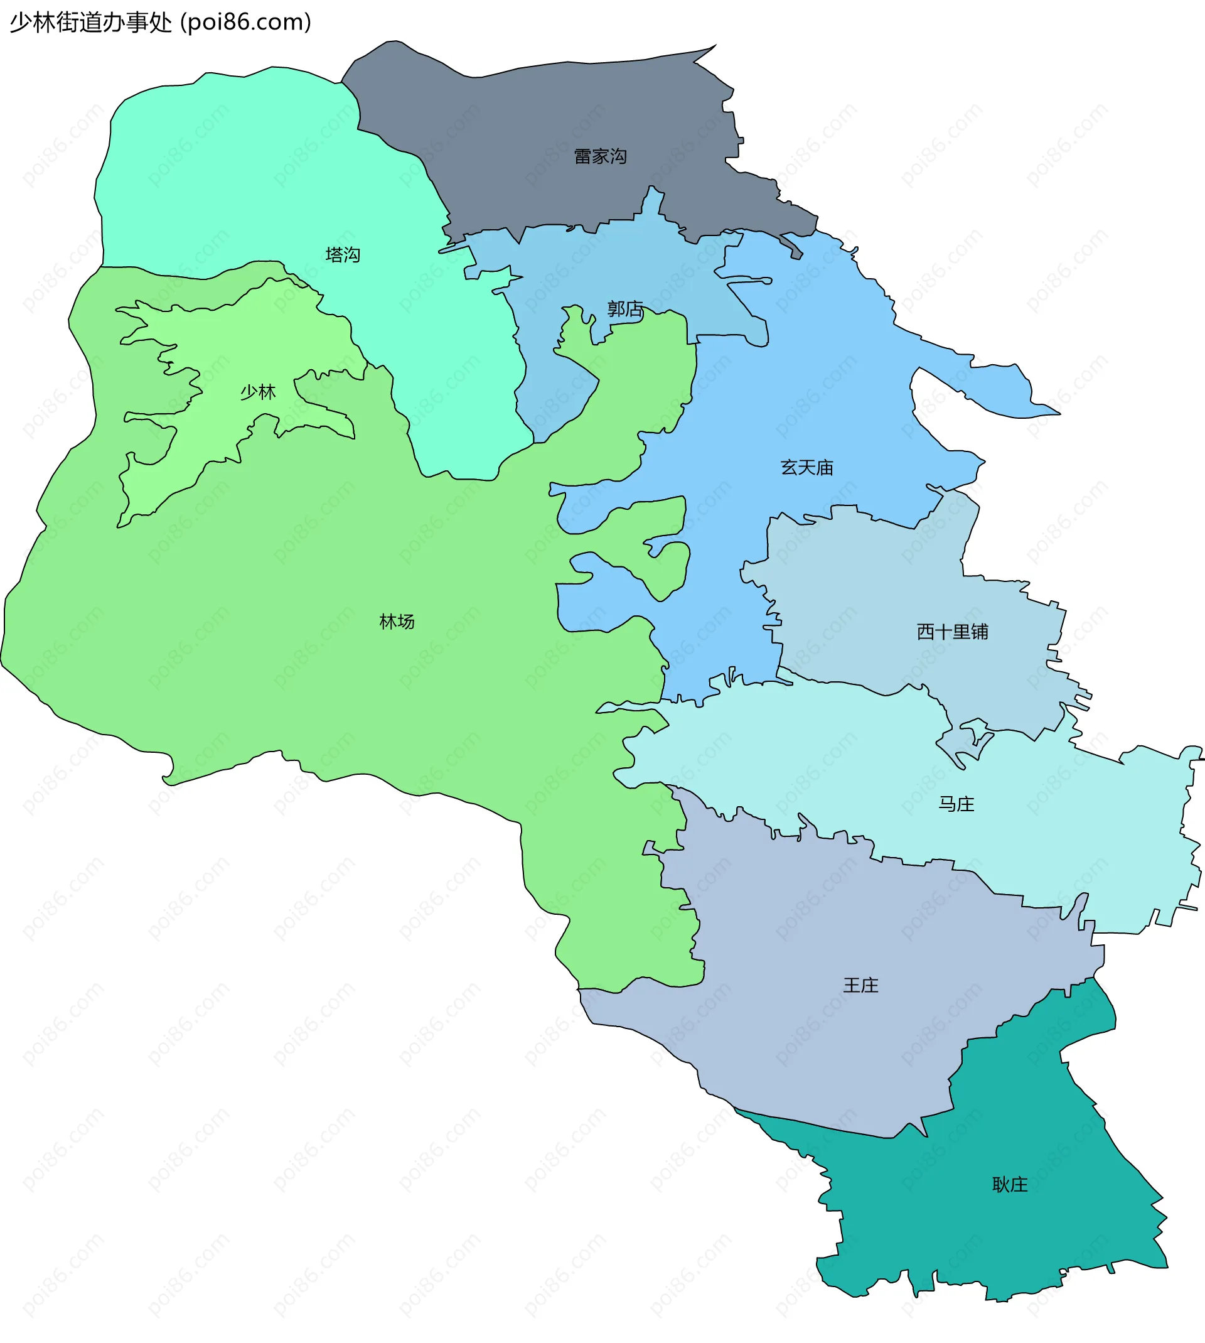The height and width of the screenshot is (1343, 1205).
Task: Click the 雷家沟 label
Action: click(600, 157)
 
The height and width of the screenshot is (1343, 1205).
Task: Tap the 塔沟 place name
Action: click(342, 255)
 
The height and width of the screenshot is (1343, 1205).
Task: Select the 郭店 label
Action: click(625, 309)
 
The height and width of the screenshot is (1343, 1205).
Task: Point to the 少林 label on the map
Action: click(257, 392)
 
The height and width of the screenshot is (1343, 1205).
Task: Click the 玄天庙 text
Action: click(806, 468)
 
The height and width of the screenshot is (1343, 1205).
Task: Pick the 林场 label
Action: click(397, 622)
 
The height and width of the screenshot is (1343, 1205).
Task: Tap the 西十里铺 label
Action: click(952, 632)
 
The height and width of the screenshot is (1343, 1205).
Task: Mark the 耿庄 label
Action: click(1010, 1185)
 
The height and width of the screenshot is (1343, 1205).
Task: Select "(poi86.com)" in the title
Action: click(245, 23)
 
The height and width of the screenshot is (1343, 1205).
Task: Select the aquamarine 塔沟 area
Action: click(232, 166)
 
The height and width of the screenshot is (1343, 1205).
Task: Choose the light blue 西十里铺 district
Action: click(894, 596)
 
